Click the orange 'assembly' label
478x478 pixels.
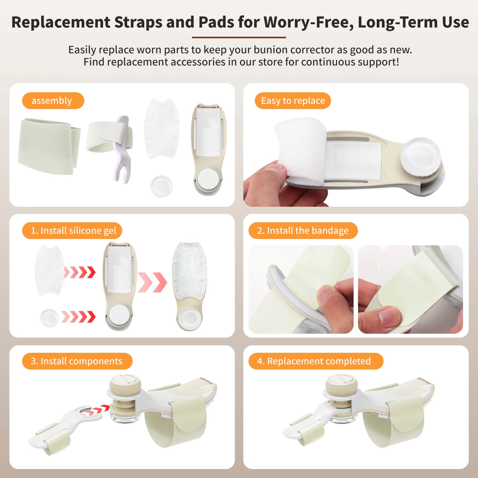coord(53,101)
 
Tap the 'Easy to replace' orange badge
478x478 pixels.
coord(293,101)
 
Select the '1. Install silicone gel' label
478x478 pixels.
coord(72,231)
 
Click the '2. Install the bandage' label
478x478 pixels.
coord(303,231)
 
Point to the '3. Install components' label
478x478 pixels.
coord(77,361)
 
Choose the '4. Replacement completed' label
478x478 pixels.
coord(315,361)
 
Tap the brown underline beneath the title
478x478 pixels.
coord(239,38)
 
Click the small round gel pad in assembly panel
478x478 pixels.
coord(162,186)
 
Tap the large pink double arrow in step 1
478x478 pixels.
coord(152,282)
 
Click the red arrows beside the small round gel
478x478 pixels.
coord(78,317)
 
